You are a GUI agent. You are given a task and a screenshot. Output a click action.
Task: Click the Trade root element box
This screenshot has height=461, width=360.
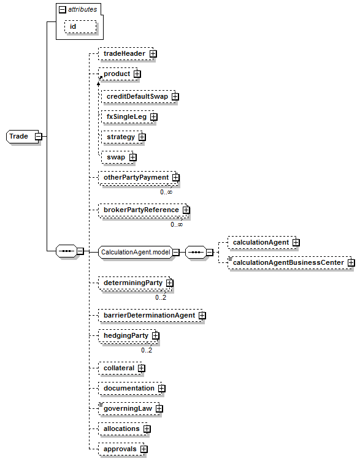pos(22,137)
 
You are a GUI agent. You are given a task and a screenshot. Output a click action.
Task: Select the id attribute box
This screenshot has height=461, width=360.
pos(80,27)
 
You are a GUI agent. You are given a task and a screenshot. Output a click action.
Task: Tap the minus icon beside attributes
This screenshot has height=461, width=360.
pos(63,10)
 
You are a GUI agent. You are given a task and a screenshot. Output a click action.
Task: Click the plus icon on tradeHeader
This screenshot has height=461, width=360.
pos(153,54)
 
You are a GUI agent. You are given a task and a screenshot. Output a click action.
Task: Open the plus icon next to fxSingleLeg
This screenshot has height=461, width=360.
pos(153,117)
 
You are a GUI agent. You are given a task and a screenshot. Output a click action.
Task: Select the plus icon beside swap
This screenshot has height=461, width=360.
pos(133,158)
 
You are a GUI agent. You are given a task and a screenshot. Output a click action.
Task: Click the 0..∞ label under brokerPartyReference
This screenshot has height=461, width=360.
pos(177,224)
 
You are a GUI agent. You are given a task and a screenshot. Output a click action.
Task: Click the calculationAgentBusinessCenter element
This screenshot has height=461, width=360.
pos(289,262)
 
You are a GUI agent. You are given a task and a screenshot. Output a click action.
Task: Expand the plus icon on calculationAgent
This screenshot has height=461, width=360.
pos(296,243)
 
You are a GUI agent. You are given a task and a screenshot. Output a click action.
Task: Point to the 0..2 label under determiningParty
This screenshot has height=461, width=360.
pos(161,297)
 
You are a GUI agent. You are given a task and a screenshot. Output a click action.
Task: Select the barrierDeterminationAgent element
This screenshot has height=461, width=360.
pos(150,316)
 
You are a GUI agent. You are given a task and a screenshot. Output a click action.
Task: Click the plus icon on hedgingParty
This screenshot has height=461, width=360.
pos(155,336)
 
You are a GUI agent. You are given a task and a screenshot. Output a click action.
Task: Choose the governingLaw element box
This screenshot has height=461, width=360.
pos(129,408)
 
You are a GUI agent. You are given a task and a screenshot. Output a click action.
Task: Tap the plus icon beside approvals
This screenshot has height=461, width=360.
pos(144,449)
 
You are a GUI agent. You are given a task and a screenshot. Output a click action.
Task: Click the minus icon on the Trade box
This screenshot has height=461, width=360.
pos(38,137)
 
